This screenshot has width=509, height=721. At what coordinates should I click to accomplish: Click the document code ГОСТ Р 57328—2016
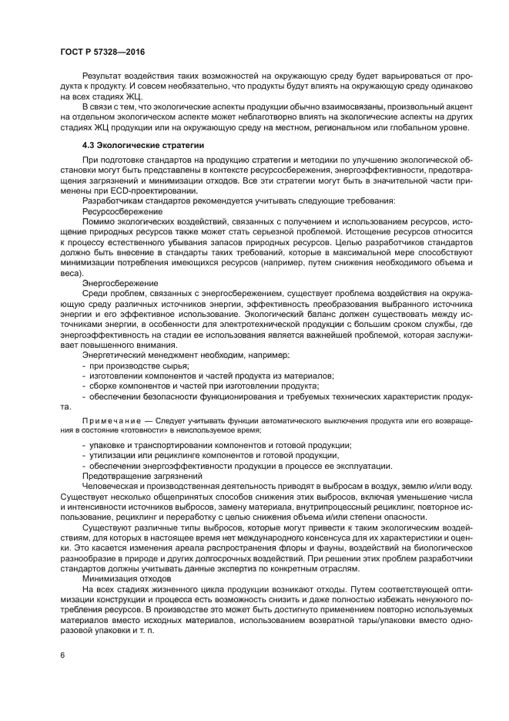tap(102, 51)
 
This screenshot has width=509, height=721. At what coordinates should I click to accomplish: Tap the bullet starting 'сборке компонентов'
tap(200, 385)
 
